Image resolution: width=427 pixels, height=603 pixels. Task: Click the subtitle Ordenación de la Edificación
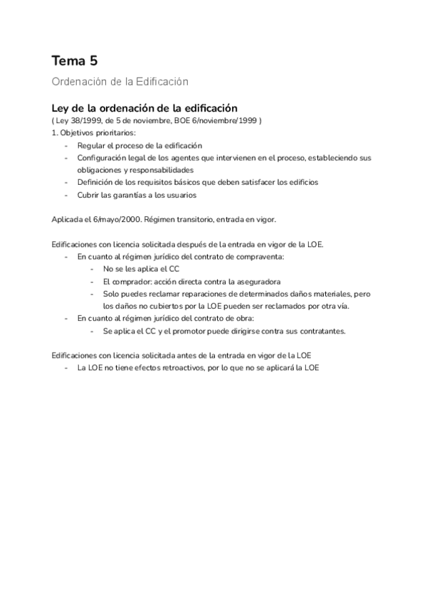tap(120, 82)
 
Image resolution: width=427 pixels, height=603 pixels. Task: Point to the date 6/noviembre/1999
tap(226, 120)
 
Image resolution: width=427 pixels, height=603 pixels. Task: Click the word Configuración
tap(102, 157)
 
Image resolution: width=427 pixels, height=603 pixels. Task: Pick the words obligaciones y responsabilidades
tap(135, 170)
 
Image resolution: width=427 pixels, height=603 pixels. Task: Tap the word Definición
tap(95, 182)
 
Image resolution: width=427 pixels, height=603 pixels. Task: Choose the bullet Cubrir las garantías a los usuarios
tap(137, 195)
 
